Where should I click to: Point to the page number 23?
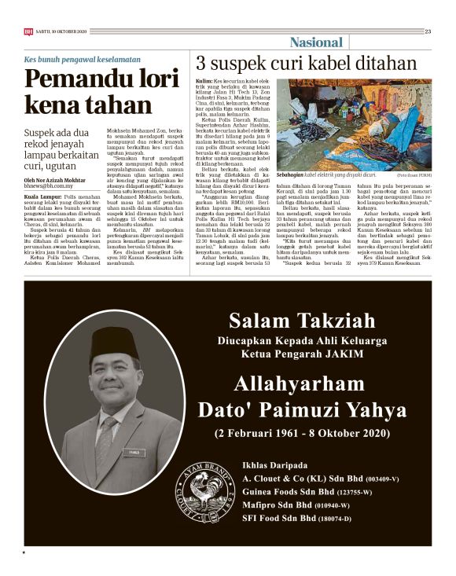coord(428,31)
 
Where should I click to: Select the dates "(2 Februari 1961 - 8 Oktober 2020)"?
coord(303,433)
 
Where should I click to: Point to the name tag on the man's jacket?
coord(132,452)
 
